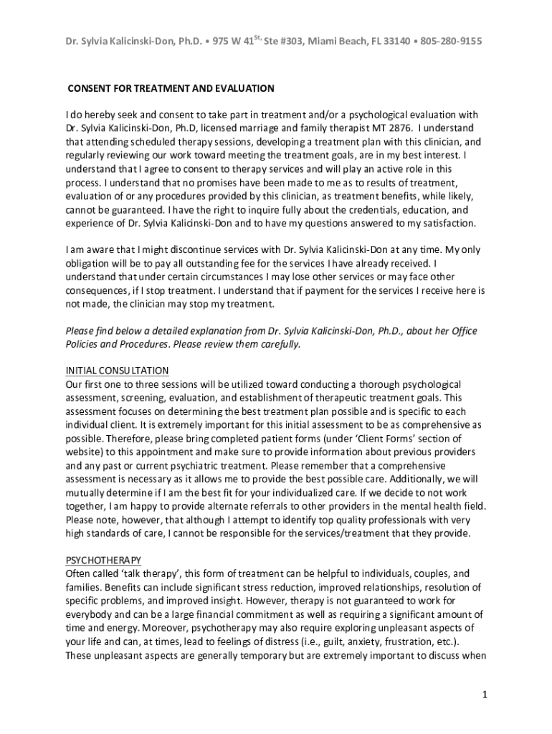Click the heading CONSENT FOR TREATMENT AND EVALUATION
(x=171, y=89)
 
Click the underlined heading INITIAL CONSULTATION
(x=117, y=371)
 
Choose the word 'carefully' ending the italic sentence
(x=277, y=344)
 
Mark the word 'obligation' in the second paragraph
(x=90, y=263)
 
